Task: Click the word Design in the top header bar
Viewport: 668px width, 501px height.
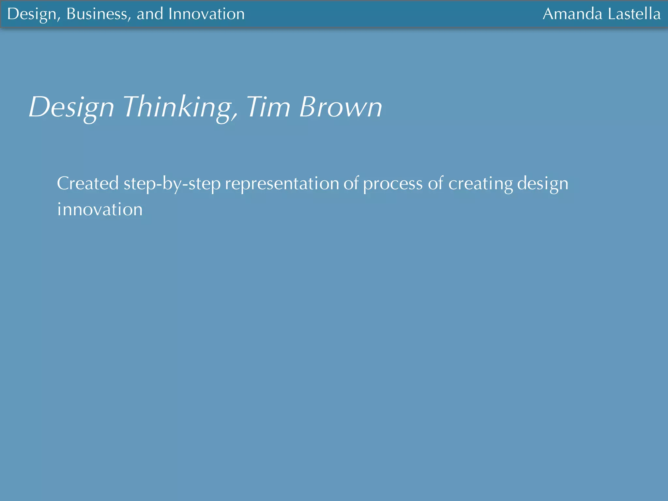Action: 32,14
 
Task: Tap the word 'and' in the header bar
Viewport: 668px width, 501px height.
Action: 150,14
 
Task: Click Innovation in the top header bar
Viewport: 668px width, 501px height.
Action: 206,14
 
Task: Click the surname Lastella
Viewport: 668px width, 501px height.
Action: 634,14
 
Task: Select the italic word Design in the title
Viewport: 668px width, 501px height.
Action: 71,107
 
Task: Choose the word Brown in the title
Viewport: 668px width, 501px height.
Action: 341,107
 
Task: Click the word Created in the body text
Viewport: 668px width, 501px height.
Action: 88,183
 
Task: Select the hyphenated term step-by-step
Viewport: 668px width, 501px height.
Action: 172,184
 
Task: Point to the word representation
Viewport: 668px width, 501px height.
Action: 282,184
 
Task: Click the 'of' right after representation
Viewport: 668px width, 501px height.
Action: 351,183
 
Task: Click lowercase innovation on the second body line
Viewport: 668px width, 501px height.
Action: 100,209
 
